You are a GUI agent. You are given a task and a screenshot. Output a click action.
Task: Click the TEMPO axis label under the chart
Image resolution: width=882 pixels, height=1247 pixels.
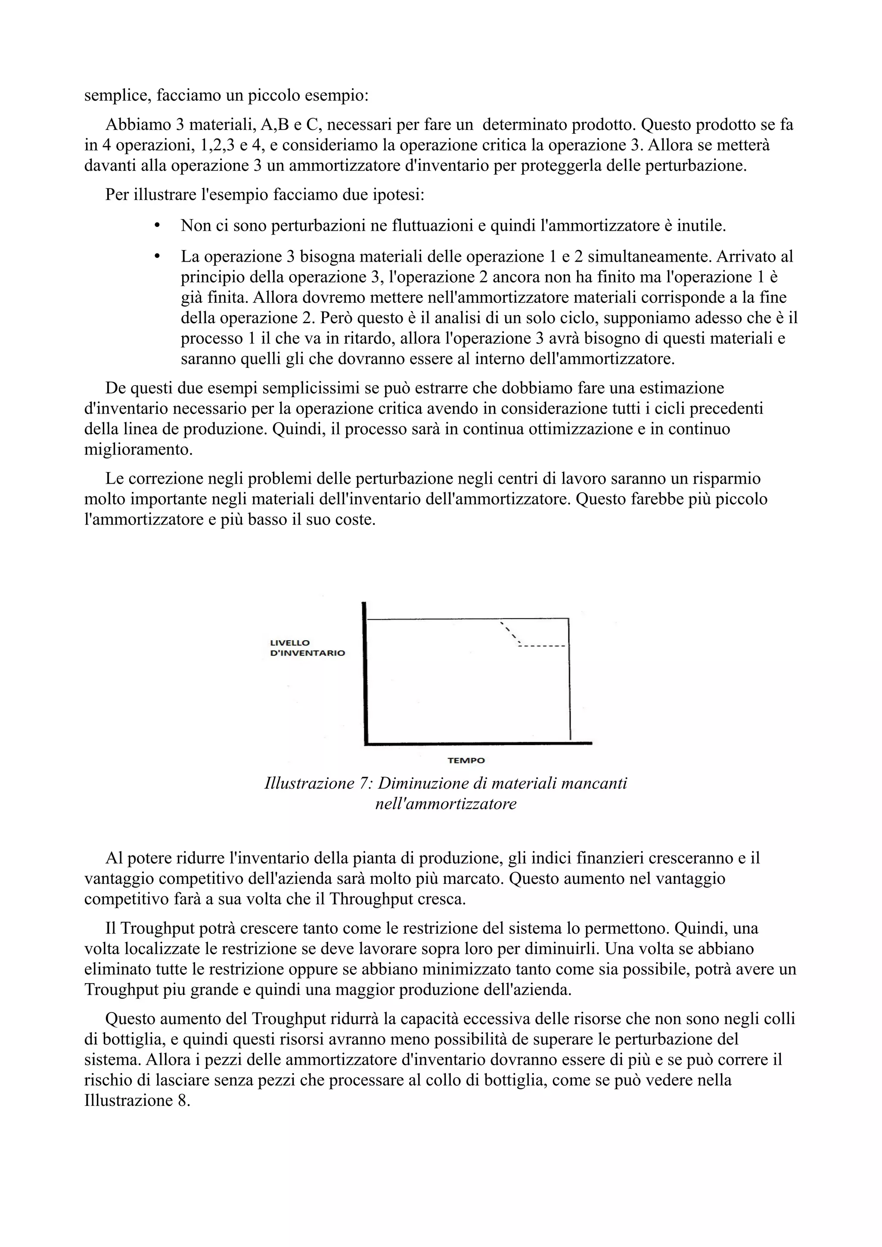[x=466, y=760]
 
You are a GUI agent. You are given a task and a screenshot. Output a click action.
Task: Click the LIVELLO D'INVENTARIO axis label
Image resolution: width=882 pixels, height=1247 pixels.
[x=307, y=648]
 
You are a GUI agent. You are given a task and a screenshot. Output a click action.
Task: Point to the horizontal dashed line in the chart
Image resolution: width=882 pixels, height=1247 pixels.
[x=542, y=646]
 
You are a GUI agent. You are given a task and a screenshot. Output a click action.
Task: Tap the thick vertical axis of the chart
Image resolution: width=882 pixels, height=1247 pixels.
[x=365, y=673]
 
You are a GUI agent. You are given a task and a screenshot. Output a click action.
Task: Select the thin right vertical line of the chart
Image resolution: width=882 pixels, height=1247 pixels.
[x=569, y=679]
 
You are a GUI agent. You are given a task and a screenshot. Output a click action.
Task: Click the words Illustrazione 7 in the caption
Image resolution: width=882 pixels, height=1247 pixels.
[x=317, y=783]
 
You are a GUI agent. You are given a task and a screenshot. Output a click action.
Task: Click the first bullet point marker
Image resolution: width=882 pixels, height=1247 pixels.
[x=158, y=225]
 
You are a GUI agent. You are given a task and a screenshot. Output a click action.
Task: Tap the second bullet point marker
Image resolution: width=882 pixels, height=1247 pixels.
[x=158, y=255]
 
